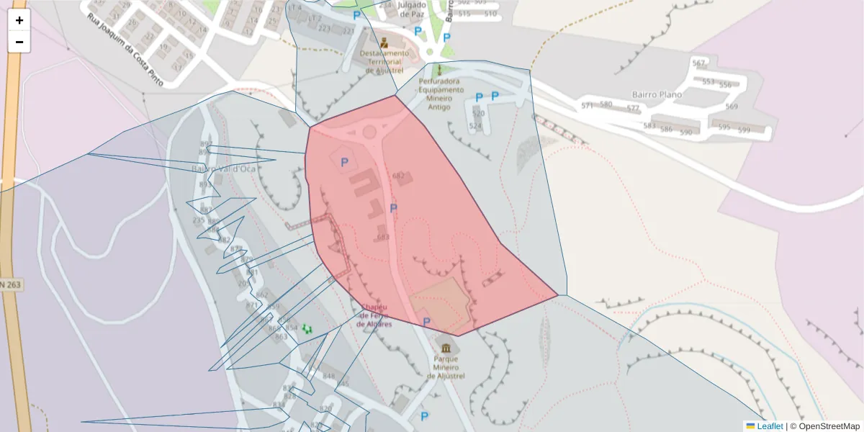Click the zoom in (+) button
(x=19, y=20)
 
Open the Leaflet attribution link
(x=769, y=426)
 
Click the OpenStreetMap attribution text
(x=829, y=426)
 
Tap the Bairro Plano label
(x=656, y=94)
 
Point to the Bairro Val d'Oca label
(x=224, y=168)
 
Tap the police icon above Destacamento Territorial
(x=384, y=42)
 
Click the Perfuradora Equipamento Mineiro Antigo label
(x=439, y=94)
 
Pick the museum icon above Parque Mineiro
(x=450, y=346)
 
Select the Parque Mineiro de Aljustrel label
(x=450, y=366)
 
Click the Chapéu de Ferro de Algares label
(x=374, y=315)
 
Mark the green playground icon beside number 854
(x=307, y=328)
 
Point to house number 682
(x=398, y=176)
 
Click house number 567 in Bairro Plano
(x=698, y=63)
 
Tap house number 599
(x=744, y=130)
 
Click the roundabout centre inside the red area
(x=370, y=132)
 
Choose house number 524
(x=475, y=126)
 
